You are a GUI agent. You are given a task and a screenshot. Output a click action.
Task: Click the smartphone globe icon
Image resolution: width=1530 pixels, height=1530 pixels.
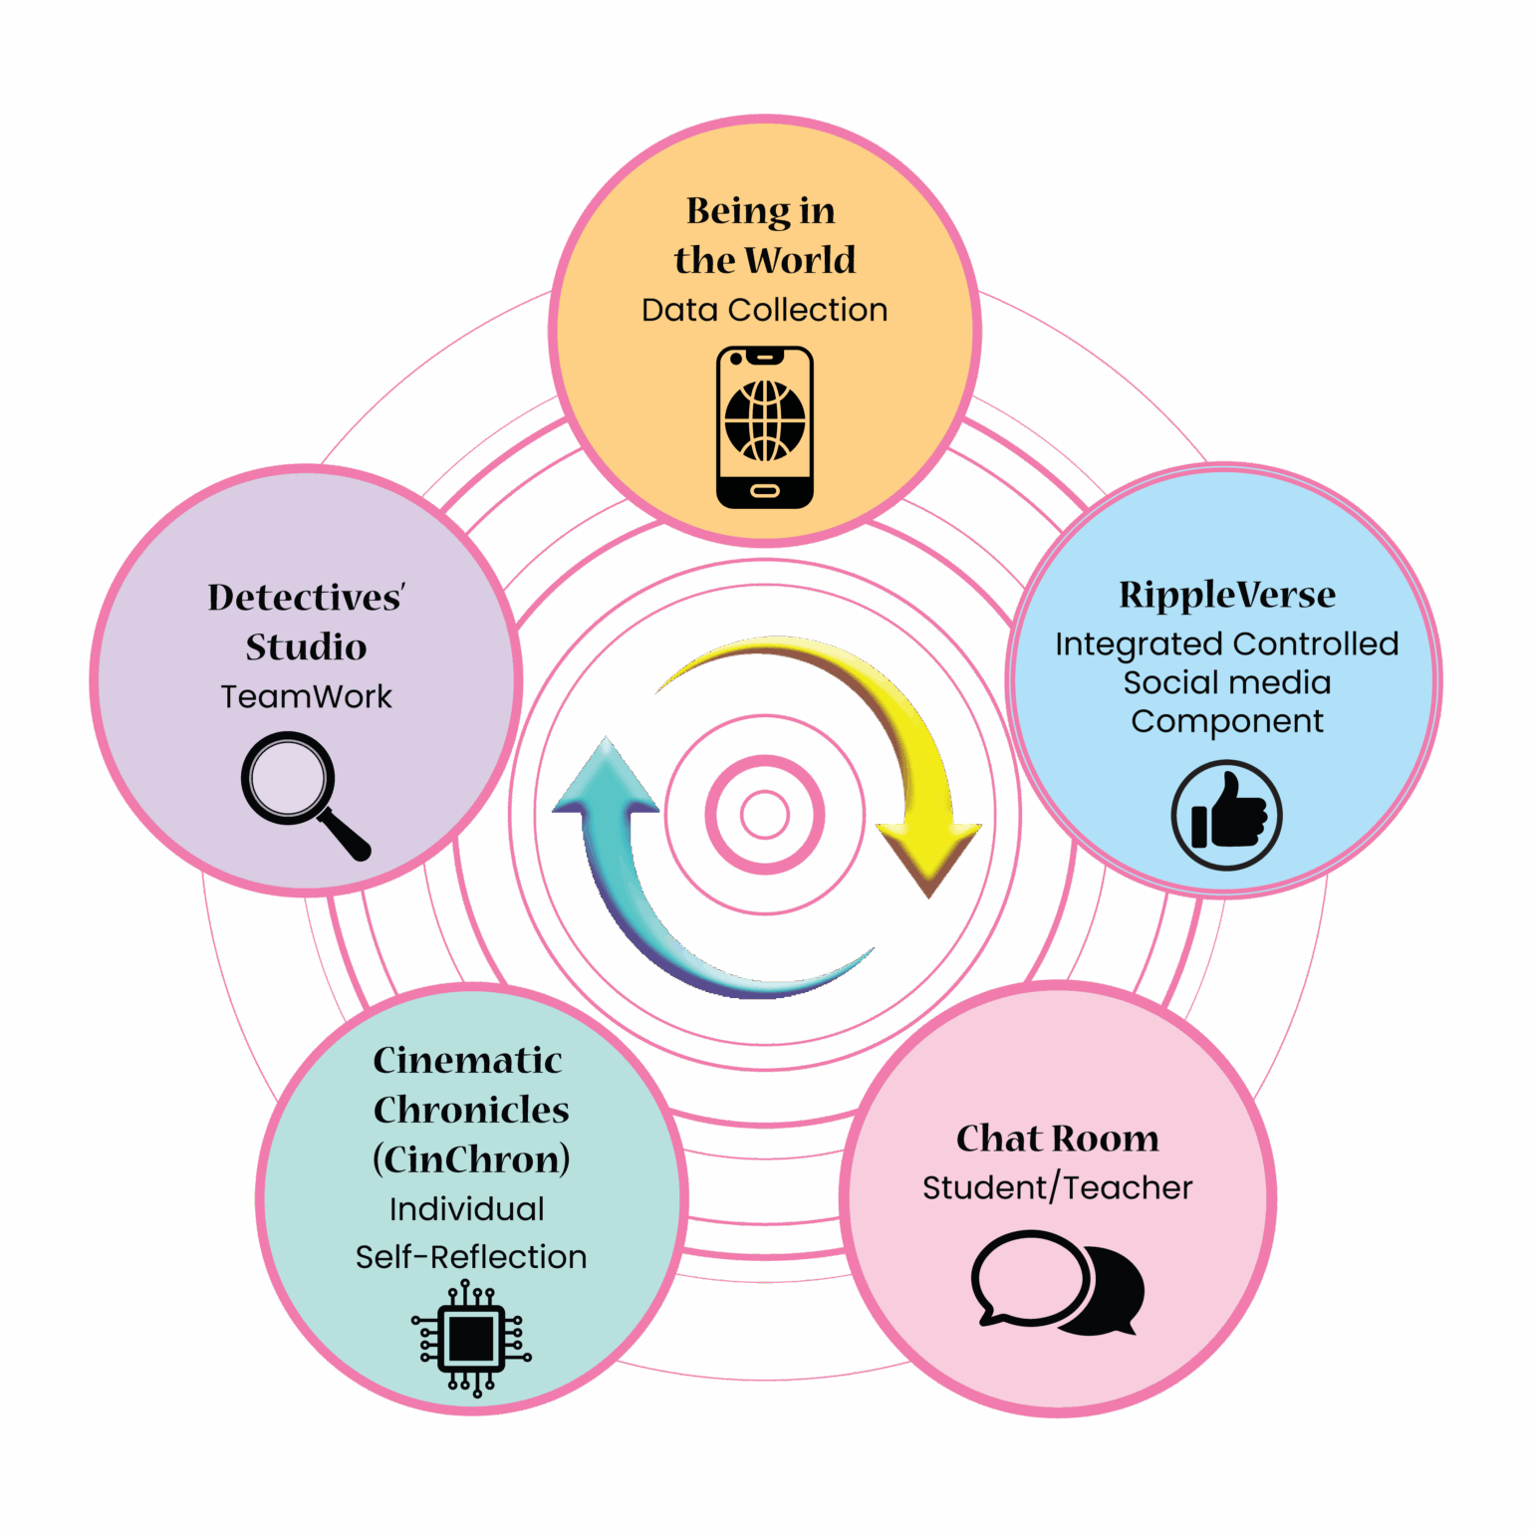coord(765,427)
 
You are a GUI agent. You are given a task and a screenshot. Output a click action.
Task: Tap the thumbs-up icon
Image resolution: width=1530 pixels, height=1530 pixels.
coord(1226,815)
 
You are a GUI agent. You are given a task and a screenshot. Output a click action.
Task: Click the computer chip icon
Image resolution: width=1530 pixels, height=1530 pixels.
coord(471,1338)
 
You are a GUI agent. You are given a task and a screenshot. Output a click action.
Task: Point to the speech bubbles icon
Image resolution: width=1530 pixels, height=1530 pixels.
coord(1058,1283)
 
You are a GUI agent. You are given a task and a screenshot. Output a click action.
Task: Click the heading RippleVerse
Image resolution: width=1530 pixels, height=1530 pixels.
coord(1227,594)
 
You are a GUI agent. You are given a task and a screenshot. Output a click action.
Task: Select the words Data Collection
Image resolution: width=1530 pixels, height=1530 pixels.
coord(764,310)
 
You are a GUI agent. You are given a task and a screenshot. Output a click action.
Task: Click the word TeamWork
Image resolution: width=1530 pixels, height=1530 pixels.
coord(306,696)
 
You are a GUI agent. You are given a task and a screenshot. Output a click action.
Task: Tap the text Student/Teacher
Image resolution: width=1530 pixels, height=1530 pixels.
coord(1057,1187)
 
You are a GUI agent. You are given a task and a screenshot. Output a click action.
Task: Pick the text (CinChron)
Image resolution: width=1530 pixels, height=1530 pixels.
coord(471,1159)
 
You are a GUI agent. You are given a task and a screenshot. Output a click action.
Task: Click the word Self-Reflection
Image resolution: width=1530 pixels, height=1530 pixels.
coord(471,1257)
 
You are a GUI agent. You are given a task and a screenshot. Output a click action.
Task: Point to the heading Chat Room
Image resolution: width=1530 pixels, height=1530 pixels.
coord(1058,1138)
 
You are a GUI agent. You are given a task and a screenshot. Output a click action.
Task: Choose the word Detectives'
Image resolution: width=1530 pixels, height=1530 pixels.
coord(306,597)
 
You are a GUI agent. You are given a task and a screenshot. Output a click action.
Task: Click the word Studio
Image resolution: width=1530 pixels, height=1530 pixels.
coord(306,646)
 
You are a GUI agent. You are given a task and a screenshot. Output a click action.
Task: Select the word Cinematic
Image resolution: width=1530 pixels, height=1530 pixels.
coord(467,1060)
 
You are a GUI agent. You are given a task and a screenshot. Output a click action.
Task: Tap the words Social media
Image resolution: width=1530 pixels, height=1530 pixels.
coord(1227,682)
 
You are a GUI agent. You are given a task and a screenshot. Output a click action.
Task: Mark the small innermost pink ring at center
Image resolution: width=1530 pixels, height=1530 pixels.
coord(765,815)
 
